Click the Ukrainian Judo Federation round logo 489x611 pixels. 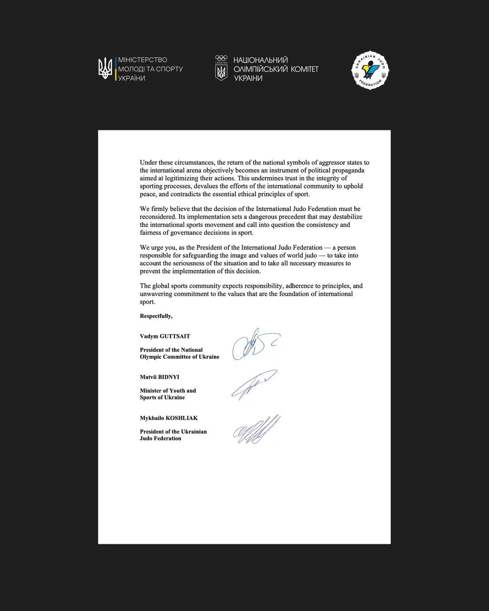(x=371, y=71)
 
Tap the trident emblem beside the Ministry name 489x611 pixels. (x=105, y=68)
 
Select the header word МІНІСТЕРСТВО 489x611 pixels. (x=143, y=60)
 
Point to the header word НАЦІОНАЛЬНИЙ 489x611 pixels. (x=260, y=60)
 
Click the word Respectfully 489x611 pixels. (x=156, y=316)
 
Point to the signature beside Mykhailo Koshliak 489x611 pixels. (x=257, y=429)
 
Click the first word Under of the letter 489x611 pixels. (x=149, y=163)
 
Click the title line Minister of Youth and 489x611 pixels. (x=168, y=390)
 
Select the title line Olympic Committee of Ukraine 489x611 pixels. (x=180, y=357)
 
